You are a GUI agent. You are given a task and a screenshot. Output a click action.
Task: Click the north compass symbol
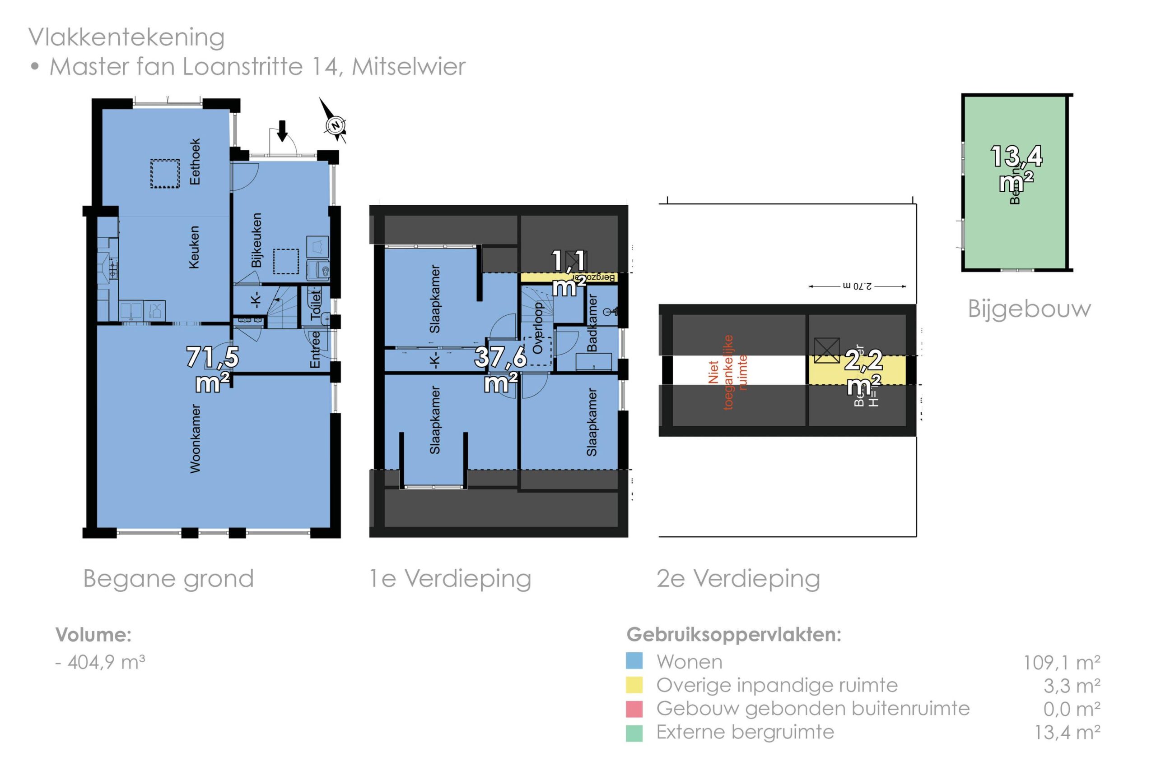[336, 125]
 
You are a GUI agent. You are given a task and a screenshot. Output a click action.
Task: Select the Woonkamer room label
[195, 438]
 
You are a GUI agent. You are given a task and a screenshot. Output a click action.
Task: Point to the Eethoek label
[195, 161]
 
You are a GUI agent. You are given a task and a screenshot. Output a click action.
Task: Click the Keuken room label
[194, 247]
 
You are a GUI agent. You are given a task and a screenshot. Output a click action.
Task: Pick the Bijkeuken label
[256, 240]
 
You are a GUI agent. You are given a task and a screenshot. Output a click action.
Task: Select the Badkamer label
[592, 323]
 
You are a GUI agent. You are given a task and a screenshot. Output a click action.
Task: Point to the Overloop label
[538, 327]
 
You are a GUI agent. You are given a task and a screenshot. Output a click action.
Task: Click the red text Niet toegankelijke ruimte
[728, 372]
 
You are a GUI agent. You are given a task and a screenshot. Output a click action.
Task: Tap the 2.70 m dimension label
[857, 286]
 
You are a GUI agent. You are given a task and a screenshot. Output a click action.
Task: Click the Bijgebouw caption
[1029, 309]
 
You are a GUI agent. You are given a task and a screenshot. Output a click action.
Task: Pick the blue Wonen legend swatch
[634, 660]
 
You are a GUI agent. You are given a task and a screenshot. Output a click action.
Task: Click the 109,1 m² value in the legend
[1062, 663]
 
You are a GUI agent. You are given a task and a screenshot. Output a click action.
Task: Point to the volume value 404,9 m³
[106, 662]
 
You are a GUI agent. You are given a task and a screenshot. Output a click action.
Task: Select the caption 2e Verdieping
[738, 578]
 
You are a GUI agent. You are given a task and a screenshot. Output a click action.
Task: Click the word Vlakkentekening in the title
[126, 37]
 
